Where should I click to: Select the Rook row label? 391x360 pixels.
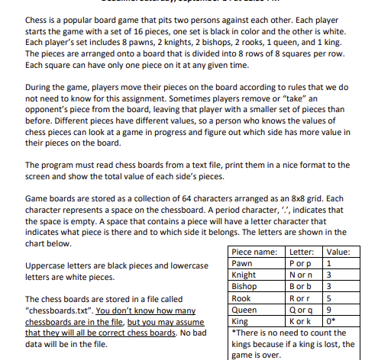coord(241,299)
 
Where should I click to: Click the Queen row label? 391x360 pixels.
coord(244,310)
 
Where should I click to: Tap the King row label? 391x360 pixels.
coord(240,322)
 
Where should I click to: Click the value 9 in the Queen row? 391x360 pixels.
coord(329,310)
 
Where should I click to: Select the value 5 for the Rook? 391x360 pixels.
coord(329,299)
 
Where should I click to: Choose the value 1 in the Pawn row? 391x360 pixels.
coord(329,264)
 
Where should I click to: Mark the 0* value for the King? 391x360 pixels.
coord(331,322)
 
